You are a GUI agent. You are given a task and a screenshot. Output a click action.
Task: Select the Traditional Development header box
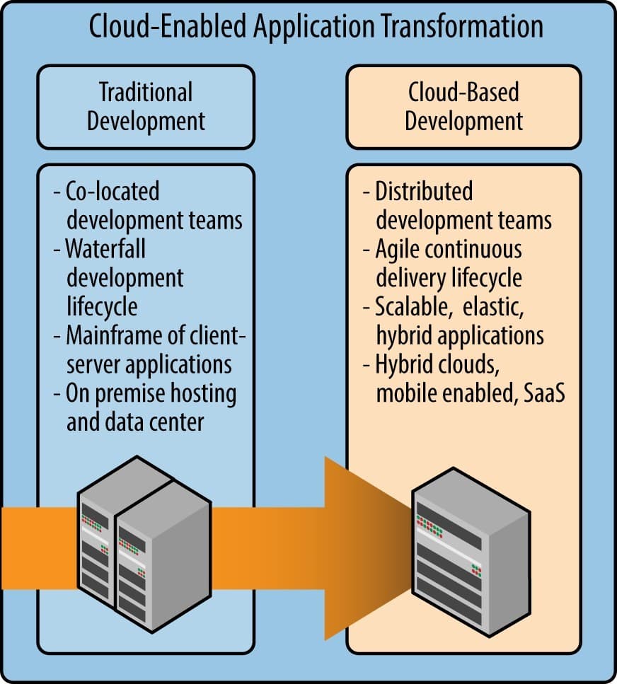click(146, 107)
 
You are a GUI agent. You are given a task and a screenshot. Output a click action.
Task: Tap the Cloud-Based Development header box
click(463, 107)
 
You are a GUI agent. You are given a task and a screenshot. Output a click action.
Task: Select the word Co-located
click(113, 191)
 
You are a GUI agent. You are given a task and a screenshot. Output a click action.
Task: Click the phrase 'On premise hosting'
click(151, 393)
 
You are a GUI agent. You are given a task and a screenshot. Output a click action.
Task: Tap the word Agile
click(400, 249)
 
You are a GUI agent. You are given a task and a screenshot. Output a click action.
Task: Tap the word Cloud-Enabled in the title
click(174, 26)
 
